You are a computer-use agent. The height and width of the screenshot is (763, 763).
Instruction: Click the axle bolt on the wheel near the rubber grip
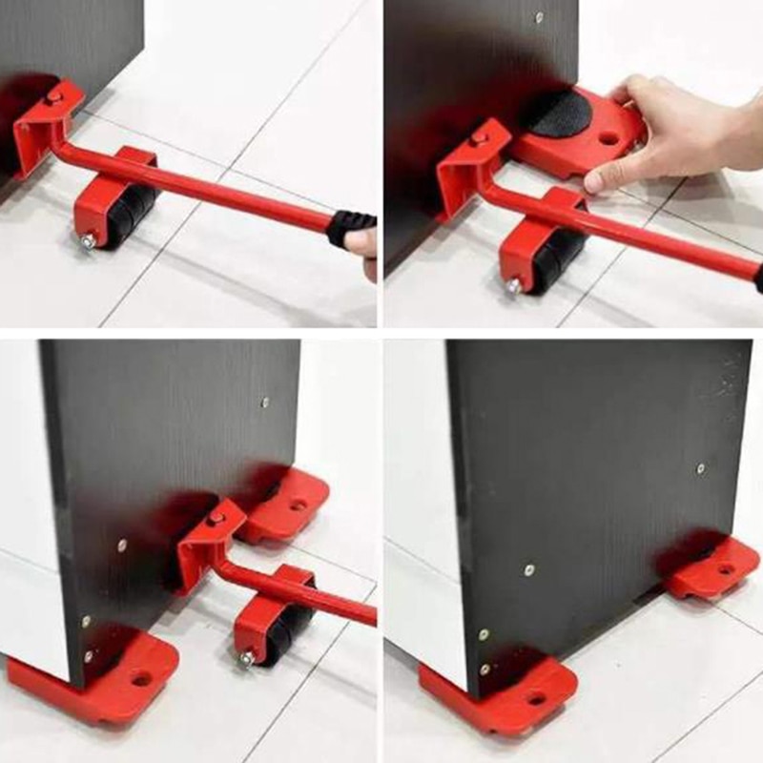[87, 242]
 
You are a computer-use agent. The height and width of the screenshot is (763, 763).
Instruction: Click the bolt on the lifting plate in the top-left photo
[54, 97]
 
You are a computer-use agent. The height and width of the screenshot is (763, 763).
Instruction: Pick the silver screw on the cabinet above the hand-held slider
[539, 17]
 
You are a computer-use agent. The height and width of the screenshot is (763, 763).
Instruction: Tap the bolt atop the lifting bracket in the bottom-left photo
[217, 518]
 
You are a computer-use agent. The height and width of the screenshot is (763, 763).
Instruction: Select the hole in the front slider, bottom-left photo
[142, 679]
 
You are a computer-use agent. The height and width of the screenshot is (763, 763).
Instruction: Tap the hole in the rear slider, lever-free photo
[727, 569]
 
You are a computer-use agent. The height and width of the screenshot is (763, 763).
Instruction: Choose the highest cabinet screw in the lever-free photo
[700, 469]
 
